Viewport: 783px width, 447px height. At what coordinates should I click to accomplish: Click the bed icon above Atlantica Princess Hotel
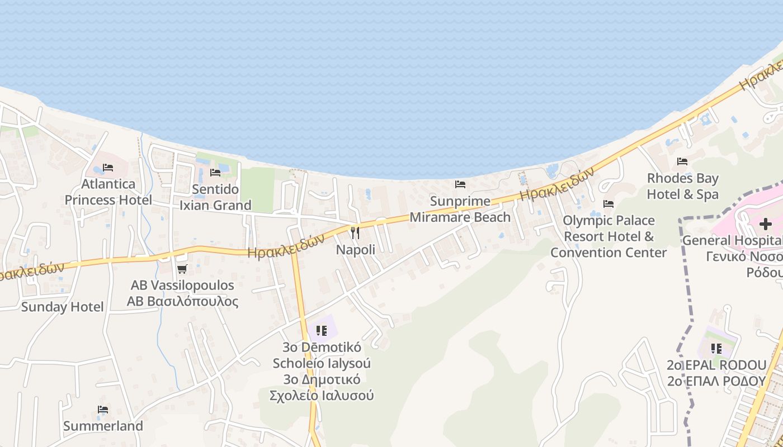pyautogui.click(x=108, y=168)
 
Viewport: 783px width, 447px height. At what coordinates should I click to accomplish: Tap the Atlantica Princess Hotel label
pyautogui.click(x=108, y=192)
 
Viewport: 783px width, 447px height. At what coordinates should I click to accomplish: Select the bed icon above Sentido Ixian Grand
pyautogui.click(x=215, y=173)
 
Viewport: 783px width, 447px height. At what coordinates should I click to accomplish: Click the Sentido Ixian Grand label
pyautogui.click(x=215, y=197)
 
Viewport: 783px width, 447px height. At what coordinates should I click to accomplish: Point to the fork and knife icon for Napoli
pyautogui.click(x=355, y=233)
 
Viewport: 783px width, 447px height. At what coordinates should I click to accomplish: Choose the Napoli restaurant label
pyautogui.click(x=356, y=250)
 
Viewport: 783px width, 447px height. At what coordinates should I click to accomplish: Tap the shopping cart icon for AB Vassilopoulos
pyautogui.click(x=182, y=269)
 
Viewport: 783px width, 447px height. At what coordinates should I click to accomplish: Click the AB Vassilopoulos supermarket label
pyautogui.click(x=182, y=293)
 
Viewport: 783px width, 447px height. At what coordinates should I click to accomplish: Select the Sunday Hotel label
pyautogui.click(x=62, y=307)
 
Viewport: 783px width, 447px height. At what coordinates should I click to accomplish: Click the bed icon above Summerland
pyautogui.click(x=103, y=410)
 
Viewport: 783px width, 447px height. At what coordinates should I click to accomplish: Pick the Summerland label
pyautogui.click(x=103, y=426)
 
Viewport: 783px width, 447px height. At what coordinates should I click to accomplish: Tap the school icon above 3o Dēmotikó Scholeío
pyautogui.click(x=321, y=331)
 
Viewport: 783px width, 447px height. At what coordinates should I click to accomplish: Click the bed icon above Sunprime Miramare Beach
pyautogui.click(x=460, y=184)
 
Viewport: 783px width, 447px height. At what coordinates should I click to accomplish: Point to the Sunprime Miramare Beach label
pyautogui.click(x=460, y=209)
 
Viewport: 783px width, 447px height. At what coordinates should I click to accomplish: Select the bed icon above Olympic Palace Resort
pyautogui.click(x=609, y=204)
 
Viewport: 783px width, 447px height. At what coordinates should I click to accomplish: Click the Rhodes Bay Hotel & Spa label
pyautogui.click(x=682, y=186)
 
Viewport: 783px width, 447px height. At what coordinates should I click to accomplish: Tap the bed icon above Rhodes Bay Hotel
pyautogui.click(x=682, y=161)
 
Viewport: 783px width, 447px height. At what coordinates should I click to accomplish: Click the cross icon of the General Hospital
pyautogui.click(x=765, y=225)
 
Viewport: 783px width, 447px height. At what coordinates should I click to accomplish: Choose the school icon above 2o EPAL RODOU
pyautogui.click(x=716, y=349)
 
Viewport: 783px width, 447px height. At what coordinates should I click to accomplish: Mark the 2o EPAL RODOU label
pyautogui.click(x=716, y=373)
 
